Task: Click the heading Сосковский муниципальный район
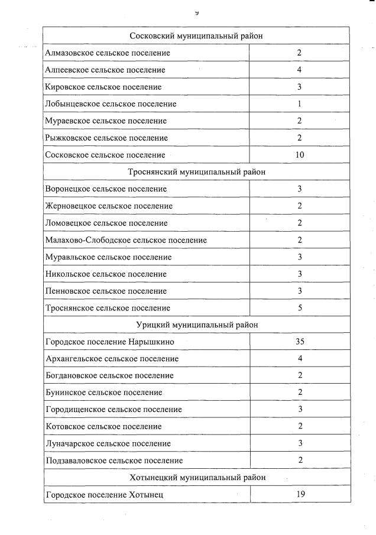196,36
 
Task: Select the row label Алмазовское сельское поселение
108,53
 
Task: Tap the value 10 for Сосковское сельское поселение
300,155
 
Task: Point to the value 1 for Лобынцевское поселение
300,104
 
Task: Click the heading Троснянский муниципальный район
196,172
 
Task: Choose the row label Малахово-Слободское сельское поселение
126,240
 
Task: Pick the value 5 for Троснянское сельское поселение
300,308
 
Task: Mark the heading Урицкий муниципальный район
196,325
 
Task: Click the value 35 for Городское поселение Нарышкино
300,342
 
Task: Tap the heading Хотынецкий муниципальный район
196,477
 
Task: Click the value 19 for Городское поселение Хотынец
300,494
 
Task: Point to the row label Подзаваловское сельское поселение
114,461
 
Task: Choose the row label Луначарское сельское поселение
108,443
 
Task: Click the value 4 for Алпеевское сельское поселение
300,70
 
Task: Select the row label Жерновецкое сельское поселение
109,206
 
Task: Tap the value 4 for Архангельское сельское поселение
300,358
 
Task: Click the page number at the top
197,12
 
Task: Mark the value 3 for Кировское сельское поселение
300,87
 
